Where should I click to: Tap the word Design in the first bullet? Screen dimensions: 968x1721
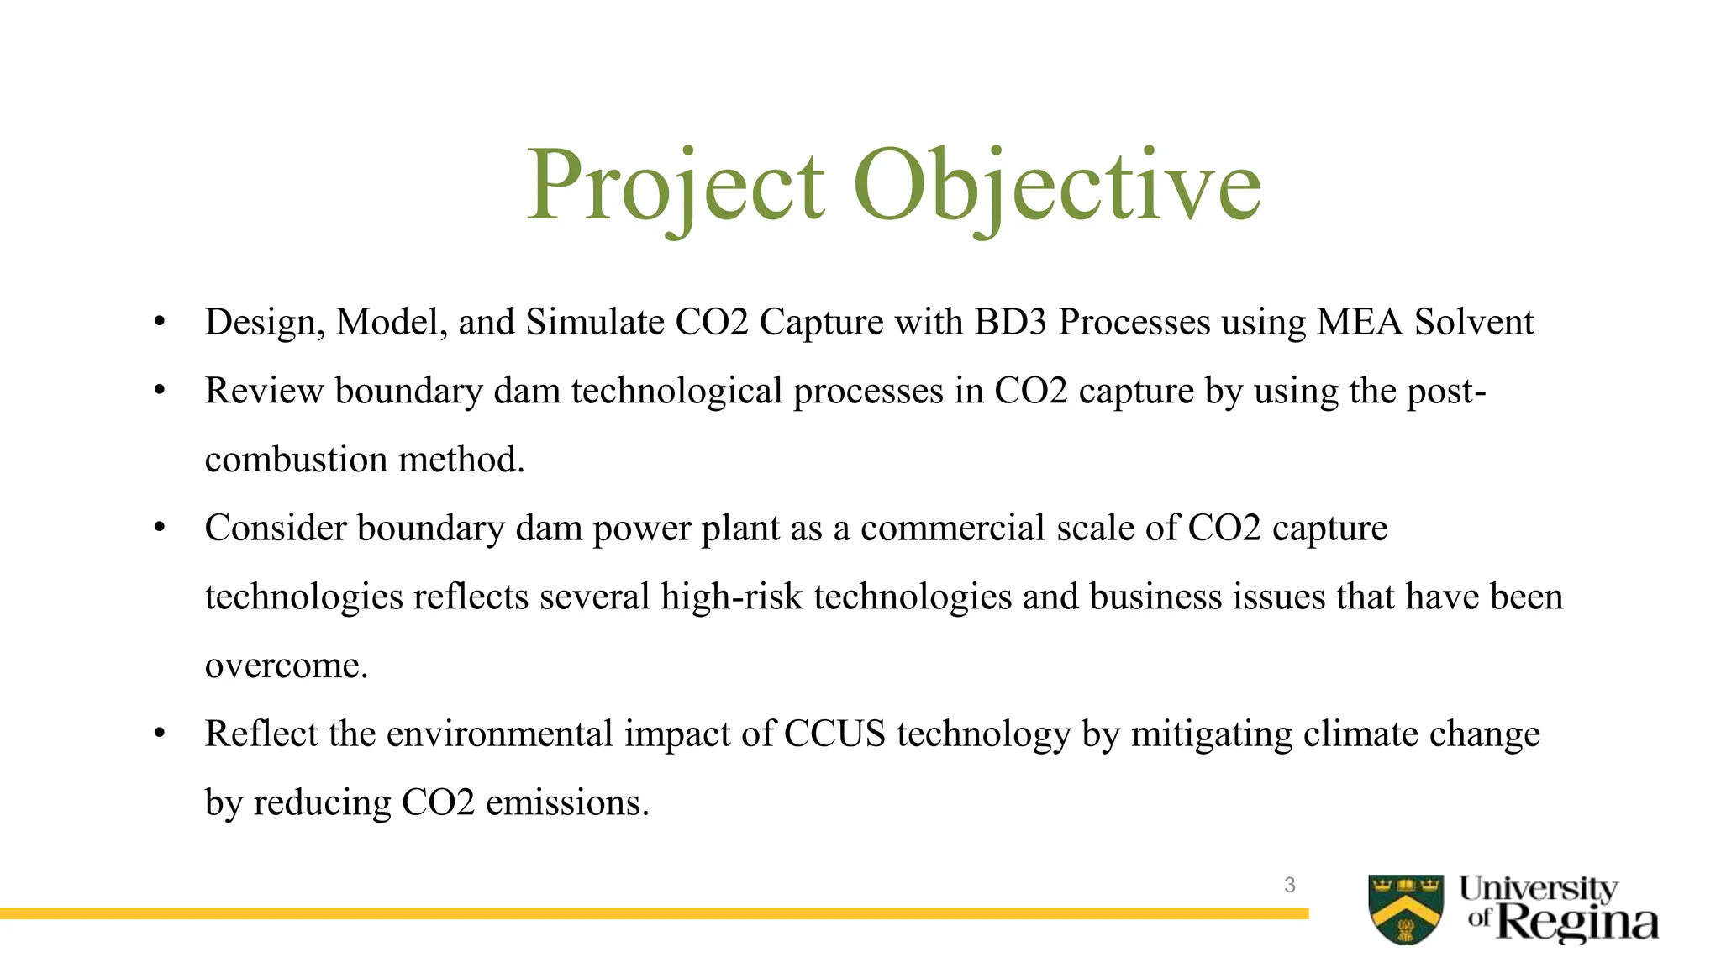click(x=261, y=323)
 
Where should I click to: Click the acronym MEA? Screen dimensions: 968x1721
click(x=1360, y=323)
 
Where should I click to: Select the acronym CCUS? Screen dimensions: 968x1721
click(x=834, y=734)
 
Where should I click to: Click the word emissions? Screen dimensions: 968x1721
click(x=567, y=803)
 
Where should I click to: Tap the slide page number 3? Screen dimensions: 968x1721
click(x=1289, y=885)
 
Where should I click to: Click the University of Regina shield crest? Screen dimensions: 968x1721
click(x=1406, y=909)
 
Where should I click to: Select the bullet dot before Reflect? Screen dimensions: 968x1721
click(x=160, y=734)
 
